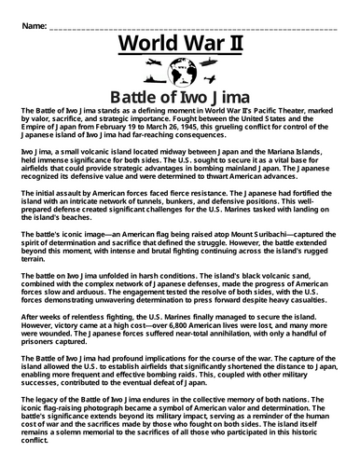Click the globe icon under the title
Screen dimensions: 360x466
point(180,70)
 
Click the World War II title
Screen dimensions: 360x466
point(180,44)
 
